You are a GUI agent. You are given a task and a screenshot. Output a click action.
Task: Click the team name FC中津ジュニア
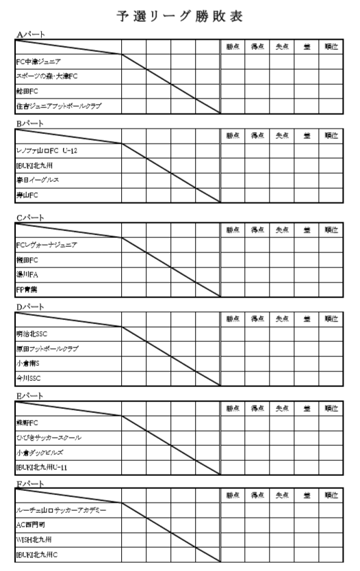click(x=39, y=62)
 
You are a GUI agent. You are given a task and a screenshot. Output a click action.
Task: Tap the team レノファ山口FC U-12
click(x=47, y=150)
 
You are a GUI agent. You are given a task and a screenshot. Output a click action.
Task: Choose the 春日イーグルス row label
click(x=38, y=180)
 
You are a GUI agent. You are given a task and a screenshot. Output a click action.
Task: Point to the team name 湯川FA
click(x=28, y=274)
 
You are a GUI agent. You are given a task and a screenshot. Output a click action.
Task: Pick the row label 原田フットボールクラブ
click(x=47, y=349)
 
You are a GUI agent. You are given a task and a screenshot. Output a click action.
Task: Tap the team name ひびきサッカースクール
click(x=49, y=437)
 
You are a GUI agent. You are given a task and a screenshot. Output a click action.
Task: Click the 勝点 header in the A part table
click(x=233, y=47)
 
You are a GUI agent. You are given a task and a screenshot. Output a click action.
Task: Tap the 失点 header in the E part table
click(x=281, y=408)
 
